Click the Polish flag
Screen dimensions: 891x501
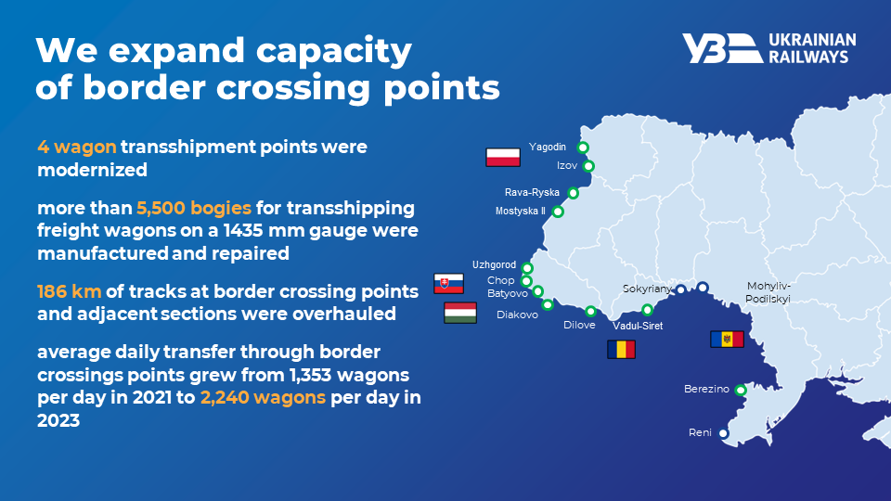point(503,157)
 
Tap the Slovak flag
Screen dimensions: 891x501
point(448,284)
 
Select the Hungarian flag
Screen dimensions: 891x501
point(460,313)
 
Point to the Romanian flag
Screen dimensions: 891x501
point(621,350)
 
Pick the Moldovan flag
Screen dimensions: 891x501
point(727,340)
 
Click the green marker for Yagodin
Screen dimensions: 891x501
point(583,148)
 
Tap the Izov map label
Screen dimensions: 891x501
point(567,165)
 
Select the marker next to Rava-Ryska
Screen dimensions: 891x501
point(573,193)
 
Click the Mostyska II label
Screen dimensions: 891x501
point(521,211)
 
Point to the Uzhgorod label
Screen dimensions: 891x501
point(495,264)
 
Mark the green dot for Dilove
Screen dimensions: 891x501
point(591,312)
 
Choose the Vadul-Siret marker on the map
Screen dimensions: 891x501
point(647,310)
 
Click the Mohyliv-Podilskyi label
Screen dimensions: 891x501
point(768,292)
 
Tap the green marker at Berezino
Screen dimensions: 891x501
point(741,391)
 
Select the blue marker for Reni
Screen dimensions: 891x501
point(723,433)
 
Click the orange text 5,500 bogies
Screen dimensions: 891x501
point(194,209)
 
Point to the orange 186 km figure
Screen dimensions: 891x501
point(70,291)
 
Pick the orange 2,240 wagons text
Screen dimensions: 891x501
point(263,397)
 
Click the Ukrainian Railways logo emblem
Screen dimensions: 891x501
point(722,48)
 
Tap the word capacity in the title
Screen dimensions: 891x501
point(333,51)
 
